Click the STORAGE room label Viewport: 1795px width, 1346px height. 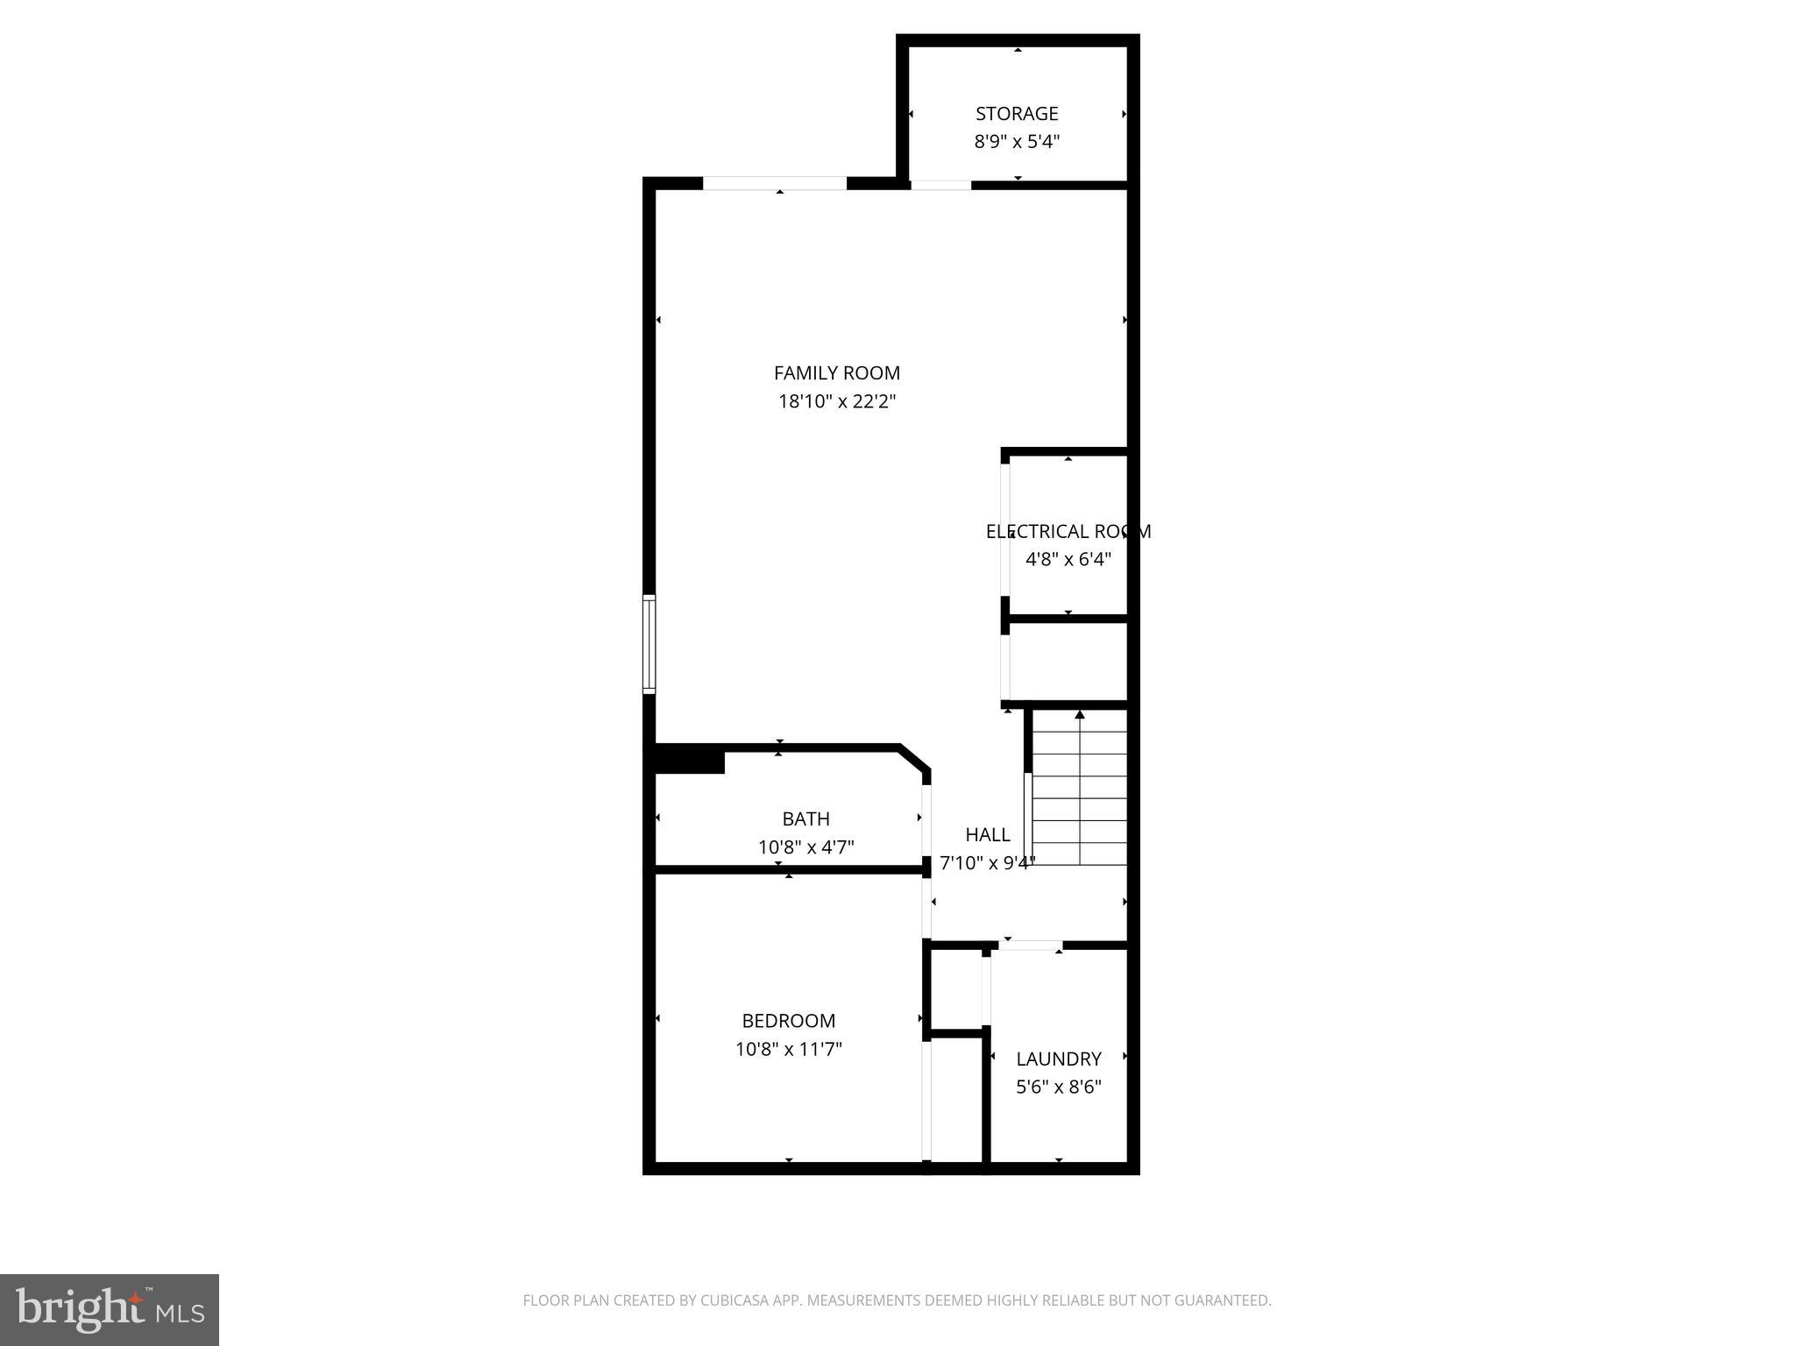[x=1017, y=114]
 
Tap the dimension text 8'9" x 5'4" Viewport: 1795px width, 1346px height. [x=1017, y=142]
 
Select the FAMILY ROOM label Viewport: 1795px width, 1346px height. [x=836, y=373]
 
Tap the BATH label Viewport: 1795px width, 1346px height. [x=805, y=819]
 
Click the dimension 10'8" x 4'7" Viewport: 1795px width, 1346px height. [x=805, y=847]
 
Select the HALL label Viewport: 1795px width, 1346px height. [x=987, y=835]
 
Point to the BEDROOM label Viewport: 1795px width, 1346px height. [x=788, y=1021]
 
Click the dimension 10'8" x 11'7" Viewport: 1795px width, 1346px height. [x=788, y=1049]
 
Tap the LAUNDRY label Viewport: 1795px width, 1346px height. [x=1058, y=1059]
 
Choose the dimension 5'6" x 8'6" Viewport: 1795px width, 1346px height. [x=1058, y=1087]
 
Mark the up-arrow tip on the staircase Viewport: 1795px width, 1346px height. [x=1080, y=713]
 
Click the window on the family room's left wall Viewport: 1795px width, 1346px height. [x=649, y=644]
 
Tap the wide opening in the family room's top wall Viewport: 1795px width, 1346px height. [x=775, y=183]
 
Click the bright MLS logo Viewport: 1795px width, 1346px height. [x=110, y=1309]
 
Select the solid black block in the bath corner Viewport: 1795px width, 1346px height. [x=690, y=760]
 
